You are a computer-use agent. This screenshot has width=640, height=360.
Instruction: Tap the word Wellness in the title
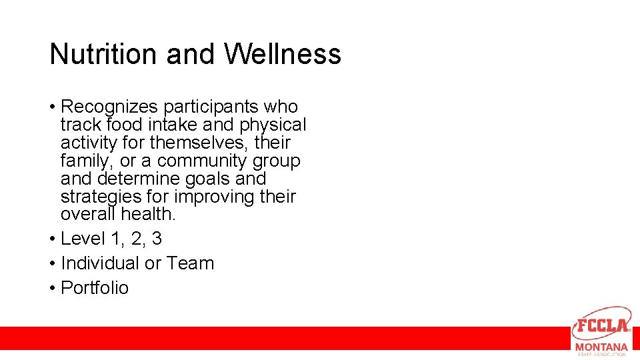(x=282, y=54)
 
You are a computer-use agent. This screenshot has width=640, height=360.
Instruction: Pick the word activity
(x=91, y=143)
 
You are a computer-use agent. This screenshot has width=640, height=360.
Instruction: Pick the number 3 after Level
(x=156, y=239)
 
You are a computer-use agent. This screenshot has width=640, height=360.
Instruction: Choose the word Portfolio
(x=95, y=288)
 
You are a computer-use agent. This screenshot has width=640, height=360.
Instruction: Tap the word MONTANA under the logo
(x=601, y=347)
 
